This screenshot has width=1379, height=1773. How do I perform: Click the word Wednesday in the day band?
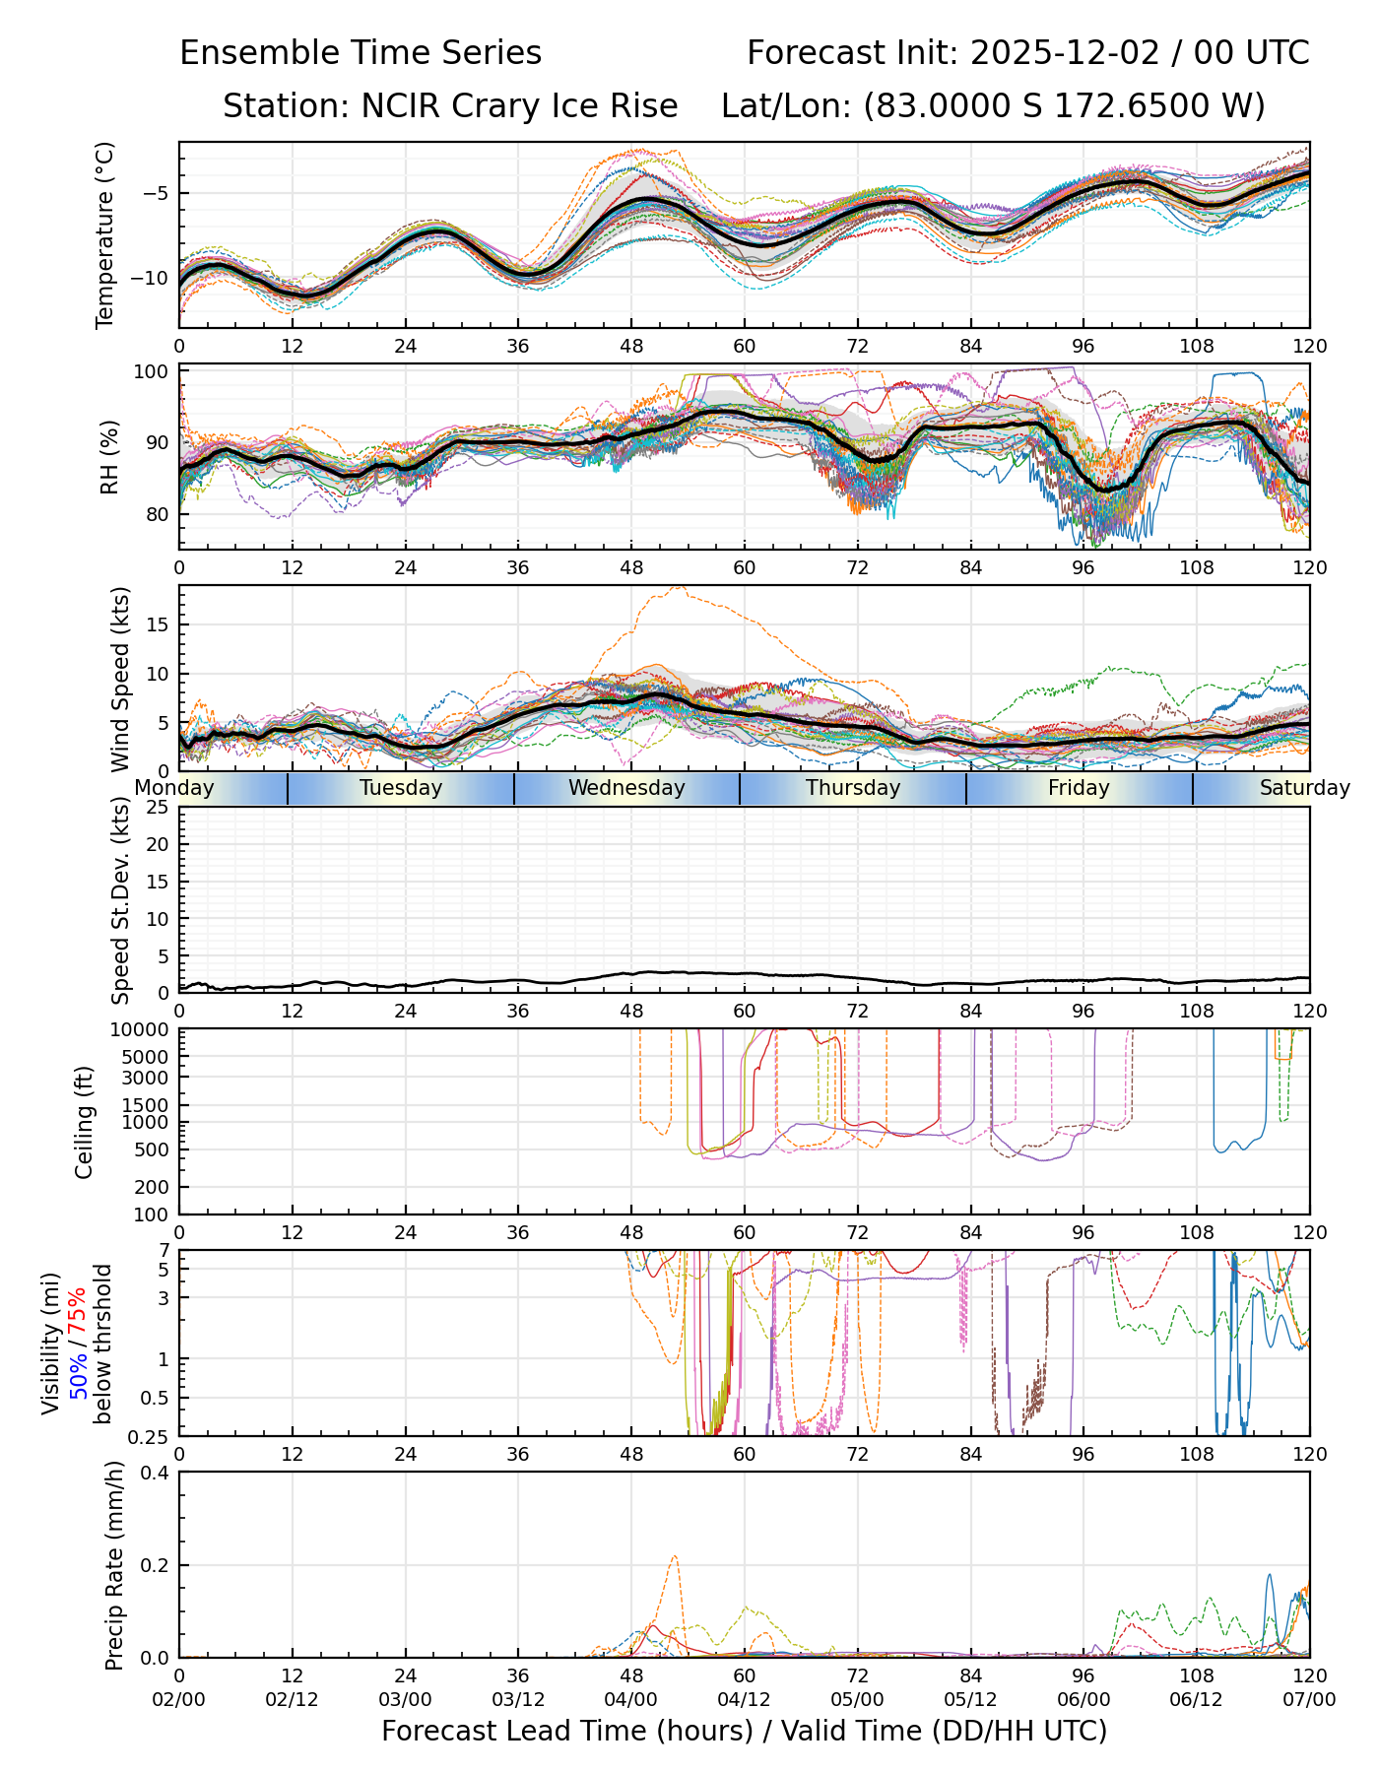click(x=626, y=788)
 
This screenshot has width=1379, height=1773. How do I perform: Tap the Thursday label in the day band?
click(x=853, y=788)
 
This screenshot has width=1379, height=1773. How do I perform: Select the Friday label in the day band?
click(x=1079, y=788)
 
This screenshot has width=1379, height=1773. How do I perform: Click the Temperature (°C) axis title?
click(x=105, y=234)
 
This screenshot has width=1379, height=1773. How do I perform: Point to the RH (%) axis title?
click(x=109, y=456)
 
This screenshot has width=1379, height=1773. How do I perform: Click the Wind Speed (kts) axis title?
click(x=120, y=679)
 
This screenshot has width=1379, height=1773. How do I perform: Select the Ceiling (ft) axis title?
click(x=85, y=1122)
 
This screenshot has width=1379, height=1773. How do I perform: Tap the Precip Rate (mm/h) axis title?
click(x=115, y=1565)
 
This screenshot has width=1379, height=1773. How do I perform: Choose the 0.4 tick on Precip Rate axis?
click(x=155, y=1473)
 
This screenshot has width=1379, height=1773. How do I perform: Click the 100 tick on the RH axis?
click(x=153, y=371)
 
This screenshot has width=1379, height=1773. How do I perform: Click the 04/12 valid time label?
click(x=744, y=1699)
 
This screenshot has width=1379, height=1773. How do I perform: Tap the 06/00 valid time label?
click(x=1083, y=1699)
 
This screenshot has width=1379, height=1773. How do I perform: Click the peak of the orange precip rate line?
click(x=675, y=1556)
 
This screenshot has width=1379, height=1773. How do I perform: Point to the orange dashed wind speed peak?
click(x=677, y=587)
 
